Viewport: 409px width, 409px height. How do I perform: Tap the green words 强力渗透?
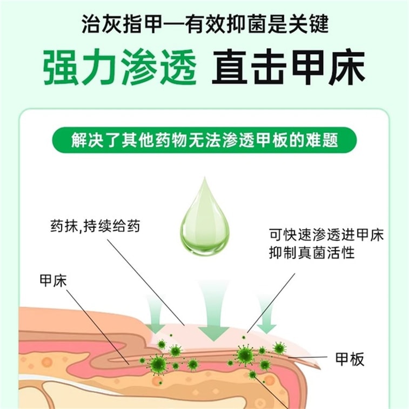(120, 67)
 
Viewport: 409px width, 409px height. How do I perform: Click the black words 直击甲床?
(289, 67)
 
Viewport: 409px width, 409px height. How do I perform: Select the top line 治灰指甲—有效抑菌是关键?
(205, 24)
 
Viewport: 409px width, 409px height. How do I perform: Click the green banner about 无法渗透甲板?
(204, 140)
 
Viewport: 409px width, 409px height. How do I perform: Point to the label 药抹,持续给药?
(95, 226)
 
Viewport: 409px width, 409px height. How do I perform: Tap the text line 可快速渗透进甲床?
(326, 235)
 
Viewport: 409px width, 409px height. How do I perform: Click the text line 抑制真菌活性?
(312, 252)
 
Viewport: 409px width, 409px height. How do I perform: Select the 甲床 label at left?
(53, 281)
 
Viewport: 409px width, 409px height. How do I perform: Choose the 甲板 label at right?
(350, 359)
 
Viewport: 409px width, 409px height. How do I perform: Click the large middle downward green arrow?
(214, 311)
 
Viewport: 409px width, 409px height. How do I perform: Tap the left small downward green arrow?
(155, 315)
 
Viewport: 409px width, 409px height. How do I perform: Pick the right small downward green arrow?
(266, 314)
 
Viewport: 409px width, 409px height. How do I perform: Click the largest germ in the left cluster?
(158, 364)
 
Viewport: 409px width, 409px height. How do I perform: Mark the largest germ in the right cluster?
(245, 355)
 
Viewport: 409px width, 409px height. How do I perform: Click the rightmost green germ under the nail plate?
(279, 348)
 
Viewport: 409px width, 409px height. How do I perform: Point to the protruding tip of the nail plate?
(319, 367)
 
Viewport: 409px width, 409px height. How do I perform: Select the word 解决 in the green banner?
(88, 140)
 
